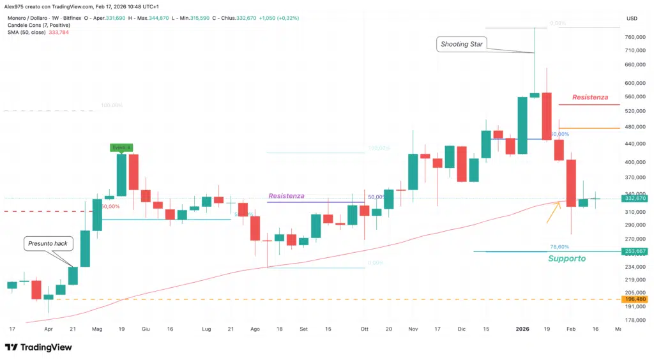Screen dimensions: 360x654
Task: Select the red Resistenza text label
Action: (590, 97)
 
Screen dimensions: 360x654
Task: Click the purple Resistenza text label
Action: (287, 195)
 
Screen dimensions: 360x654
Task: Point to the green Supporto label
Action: (567, 259)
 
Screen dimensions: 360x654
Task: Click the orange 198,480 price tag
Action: (636, 299)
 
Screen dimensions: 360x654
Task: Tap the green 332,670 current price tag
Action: (636, 199)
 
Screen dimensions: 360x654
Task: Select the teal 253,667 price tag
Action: (636, 251)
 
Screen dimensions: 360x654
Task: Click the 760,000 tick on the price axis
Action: (636, 38)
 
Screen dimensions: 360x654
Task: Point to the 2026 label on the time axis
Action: (522, 329)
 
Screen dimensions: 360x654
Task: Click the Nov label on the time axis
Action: (412, 329)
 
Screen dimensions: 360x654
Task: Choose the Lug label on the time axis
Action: (206, 329)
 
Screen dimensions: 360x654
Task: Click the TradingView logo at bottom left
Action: (38, 347)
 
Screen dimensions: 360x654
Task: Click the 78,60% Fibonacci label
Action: (559, 246)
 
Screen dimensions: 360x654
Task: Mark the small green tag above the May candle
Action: (121, 148)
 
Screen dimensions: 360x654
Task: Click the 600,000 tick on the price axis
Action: (636, 82)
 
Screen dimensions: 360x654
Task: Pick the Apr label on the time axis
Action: (49, 329)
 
